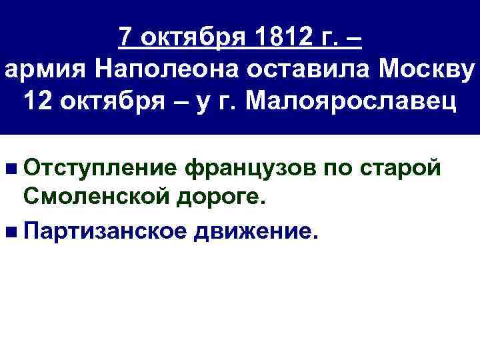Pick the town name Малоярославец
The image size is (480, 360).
(349, 103)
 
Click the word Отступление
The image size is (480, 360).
(99, 169)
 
